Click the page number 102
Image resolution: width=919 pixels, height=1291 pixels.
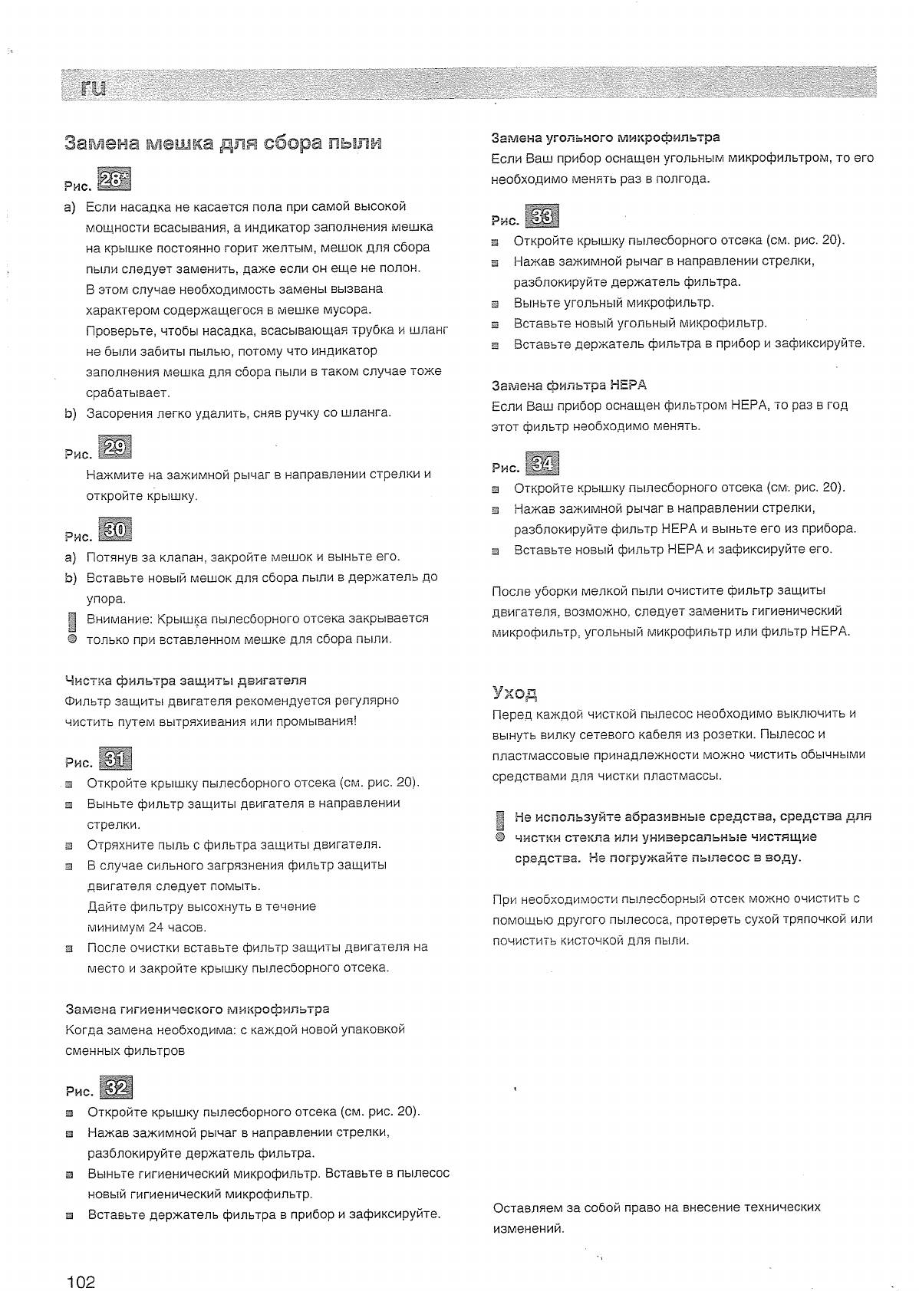[x=81, y=1260]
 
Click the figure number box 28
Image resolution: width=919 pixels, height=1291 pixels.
[x=115, y=179]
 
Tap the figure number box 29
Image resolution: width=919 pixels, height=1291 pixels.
[x=115, y=447]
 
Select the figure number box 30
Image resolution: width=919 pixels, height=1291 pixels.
[x=115, y=530]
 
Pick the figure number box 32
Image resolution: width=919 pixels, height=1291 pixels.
[x=117, y=1088]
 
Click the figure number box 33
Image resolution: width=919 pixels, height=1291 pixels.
[x=542, y=217]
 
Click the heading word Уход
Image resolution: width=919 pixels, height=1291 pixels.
[x=514, y=693]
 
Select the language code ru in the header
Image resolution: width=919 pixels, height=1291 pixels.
[x=94, y=87]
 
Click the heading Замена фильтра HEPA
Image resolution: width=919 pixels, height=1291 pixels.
[x=569, y=385]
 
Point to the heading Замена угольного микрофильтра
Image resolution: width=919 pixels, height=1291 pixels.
[x=605, y=138]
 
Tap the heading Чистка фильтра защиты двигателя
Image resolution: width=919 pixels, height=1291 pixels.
[x=186, y=680]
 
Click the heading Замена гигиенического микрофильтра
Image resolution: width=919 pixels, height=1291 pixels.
[x=197, y=1009]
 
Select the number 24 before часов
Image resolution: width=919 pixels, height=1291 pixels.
[x=156, y=928]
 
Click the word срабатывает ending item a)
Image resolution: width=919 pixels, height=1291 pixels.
[x=127, y=393]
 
